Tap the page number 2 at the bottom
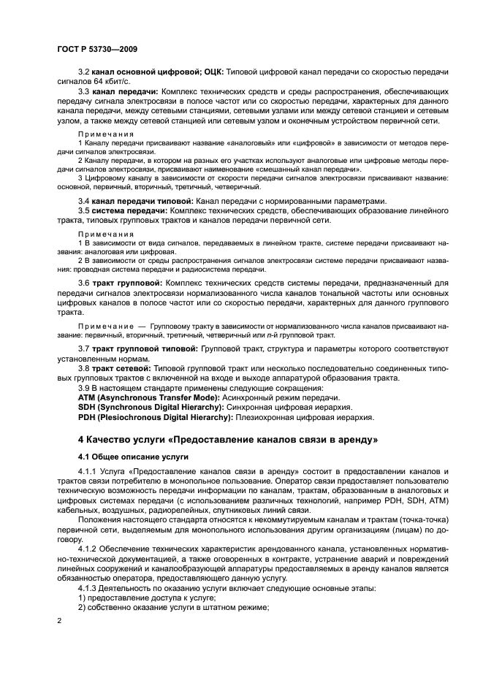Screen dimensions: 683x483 coord(60,619)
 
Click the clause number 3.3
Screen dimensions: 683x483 coord(84,93)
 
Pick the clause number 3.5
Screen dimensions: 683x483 coord(84,210)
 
